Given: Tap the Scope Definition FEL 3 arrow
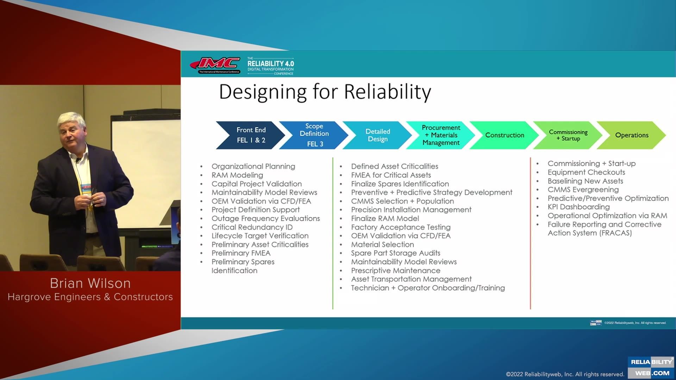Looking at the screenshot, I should tap(314, 135).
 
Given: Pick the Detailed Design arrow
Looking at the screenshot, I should tap(377, 135).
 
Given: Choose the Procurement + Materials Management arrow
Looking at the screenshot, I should tap(441, 135).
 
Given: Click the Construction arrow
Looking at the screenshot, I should tap(505, 135).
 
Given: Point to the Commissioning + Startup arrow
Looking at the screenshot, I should tap(568, 135).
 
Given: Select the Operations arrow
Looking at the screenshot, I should tap(632, 135).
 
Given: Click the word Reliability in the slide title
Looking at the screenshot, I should tap(387, 92).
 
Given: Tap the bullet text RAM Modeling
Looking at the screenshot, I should tap(237, 175).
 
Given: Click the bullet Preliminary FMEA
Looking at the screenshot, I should tap(241, 253).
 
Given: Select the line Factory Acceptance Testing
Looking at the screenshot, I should tap(401, 227).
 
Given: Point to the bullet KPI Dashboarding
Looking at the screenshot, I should tap(578, 207).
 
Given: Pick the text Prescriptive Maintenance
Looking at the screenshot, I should tap(395, 271).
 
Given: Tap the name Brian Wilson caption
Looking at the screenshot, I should tap(90, 283).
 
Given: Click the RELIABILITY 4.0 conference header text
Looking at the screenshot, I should tap(270, 64).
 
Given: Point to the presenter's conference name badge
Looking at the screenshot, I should tap(86, 190).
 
